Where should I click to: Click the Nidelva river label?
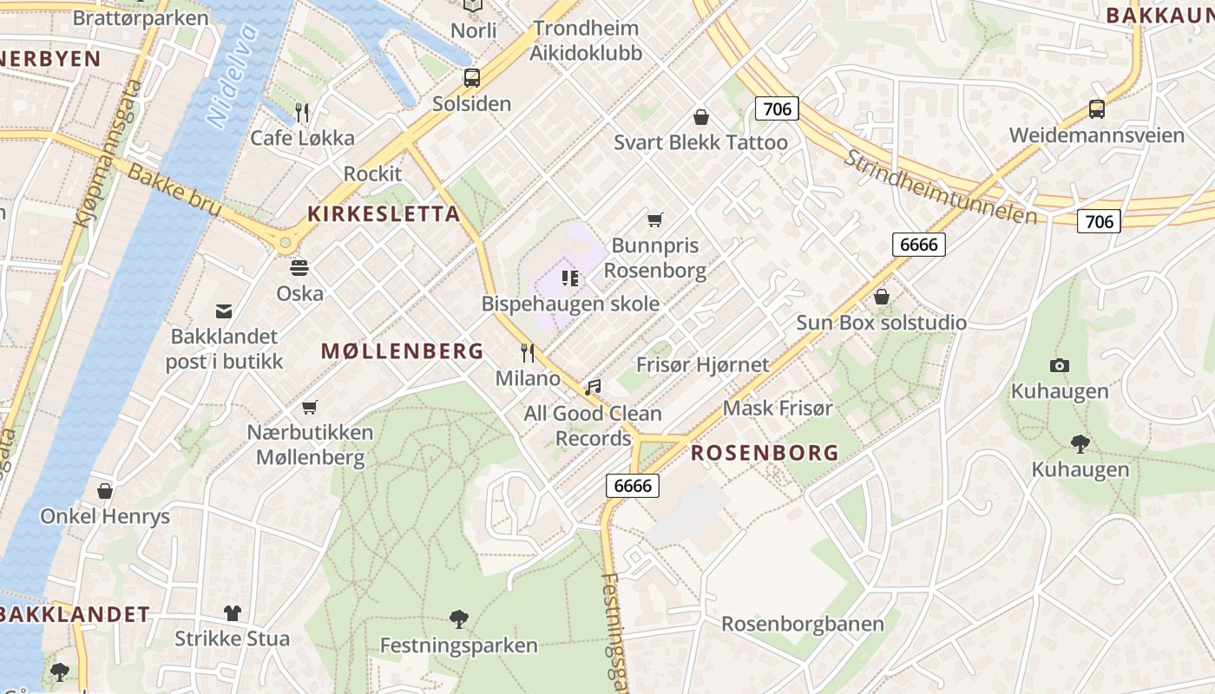tap(233, 77)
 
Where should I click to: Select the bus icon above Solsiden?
tap(471, 78)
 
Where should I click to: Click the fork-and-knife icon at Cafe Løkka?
tap(302, 112)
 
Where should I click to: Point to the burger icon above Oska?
tap(299, 267)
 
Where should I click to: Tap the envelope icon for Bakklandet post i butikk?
tap(224, 311)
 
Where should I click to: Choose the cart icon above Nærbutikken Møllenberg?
tap(310, 406)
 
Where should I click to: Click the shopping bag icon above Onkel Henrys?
tap(105, 491)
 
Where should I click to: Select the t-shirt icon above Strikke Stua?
tap(232, 612)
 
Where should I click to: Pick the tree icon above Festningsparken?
tap(458, 619)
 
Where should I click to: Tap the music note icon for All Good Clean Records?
tap(593, 387)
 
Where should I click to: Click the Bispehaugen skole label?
tap(570, 304)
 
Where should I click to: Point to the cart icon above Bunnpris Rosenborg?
tap(654, 219)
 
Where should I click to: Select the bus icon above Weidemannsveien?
tap(1097, 109)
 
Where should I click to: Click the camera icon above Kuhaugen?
tap(1059, 365)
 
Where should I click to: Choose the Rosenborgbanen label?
tap(803, 624)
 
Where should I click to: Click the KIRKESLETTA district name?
tap(384, 214)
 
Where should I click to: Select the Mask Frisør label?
tap(778, 408)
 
